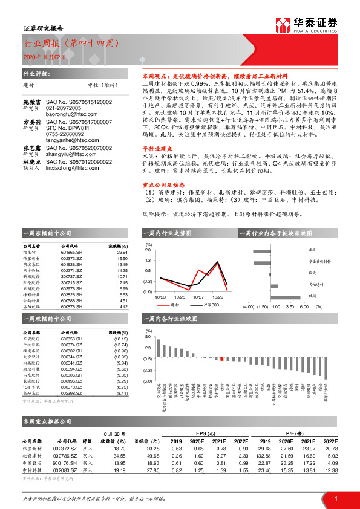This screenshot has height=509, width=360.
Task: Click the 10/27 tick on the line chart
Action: coord(198,297)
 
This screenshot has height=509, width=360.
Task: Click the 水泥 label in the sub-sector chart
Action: coord(313,249)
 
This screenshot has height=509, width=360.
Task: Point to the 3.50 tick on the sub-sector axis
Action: coord(288,306)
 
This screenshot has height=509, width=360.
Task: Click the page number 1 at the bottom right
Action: coord(335,498)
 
